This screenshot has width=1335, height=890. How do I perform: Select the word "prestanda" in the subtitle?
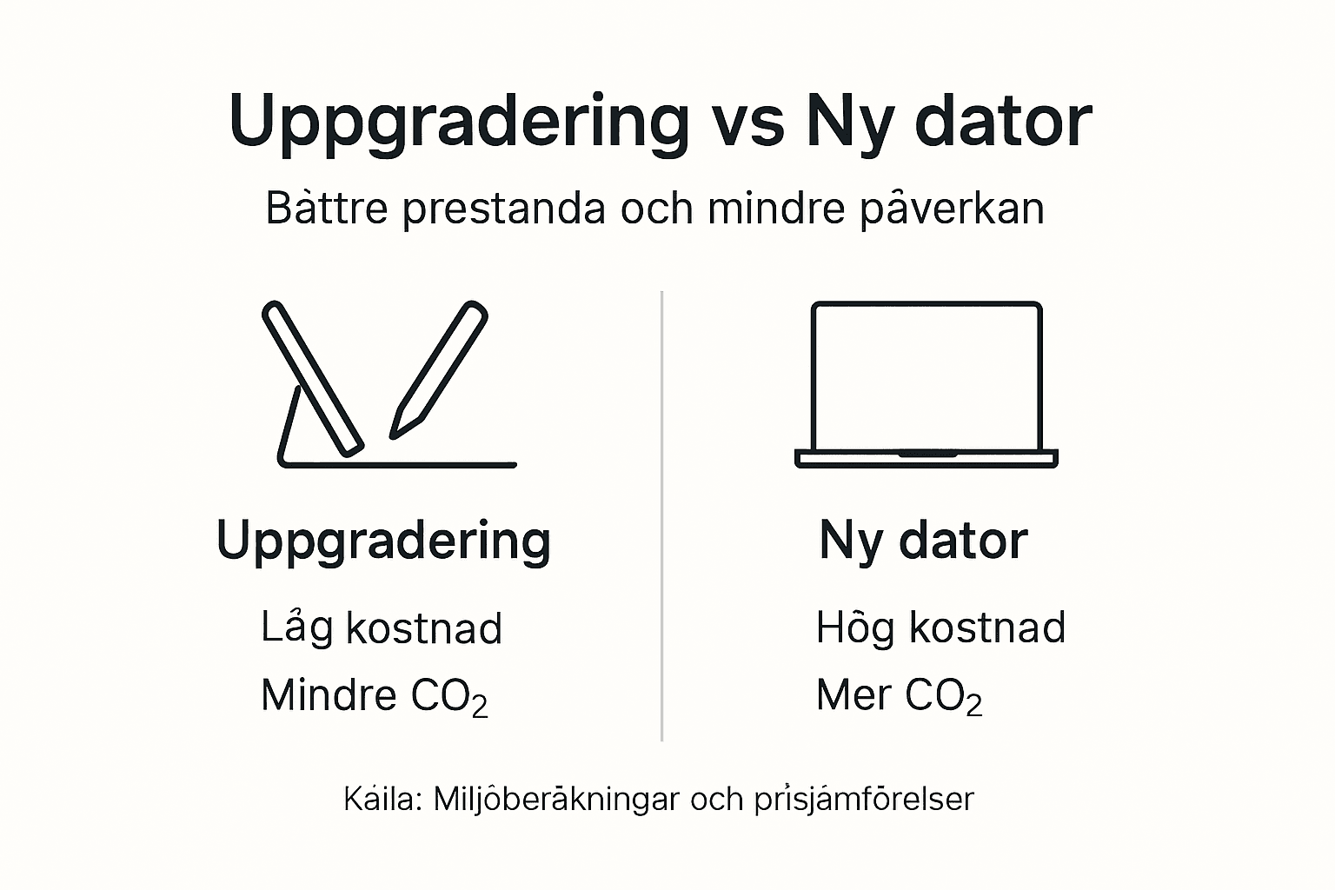click(503, 209)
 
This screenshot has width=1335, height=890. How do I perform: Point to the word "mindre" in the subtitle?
click(776, 209)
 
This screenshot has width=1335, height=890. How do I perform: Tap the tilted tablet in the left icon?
click(313, 379)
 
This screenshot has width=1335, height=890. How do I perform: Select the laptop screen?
click(926, 375)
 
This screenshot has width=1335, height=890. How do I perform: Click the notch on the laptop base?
click(927, 454)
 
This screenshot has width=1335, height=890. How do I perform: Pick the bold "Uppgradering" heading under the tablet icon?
click(383, 541)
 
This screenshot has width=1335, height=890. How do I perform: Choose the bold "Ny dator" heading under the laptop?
click(923, 541)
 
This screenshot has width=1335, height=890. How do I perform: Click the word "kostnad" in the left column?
click(424, 628)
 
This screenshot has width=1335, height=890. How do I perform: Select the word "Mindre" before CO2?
click(329, 695)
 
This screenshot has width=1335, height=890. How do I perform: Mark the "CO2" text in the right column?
click(943, 697)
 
